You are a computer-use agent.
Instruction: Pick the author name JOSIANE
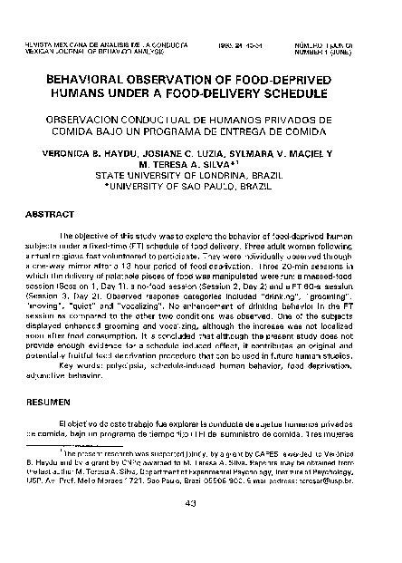coord(148,154)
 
